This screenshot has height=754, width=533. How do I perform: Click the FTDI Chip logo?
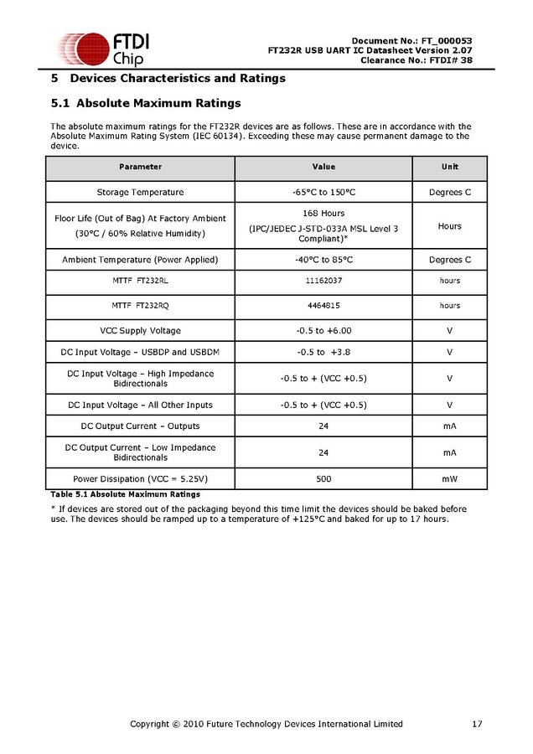(x=101, y=49)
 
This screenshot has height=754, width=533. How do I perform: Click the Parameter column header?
(x=140, y=168)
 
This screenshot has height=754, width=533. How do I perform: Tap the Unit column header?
(x=450, y=168)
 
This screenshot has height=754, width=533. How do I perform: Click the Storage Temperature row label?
(x=140, y=193)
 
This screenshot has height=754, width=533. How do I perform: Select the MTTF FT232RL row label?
(x=140, y=281)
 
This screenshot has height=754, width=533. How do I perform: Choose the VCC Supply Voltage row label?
(x=140, y=331)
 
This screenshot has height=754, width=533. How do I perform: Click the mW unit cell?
(x=450, y=479)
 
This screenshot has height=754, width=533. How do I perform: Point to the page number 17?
(x=477, y=724)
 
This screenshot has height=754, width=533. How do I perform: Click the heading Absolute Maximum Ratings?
(x=158, y=104)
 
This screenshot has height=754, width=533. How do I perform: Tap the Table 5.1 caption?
(x=126, y=494)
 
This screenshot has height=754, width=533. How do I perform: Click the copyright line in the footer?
(x=266, y=724)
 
